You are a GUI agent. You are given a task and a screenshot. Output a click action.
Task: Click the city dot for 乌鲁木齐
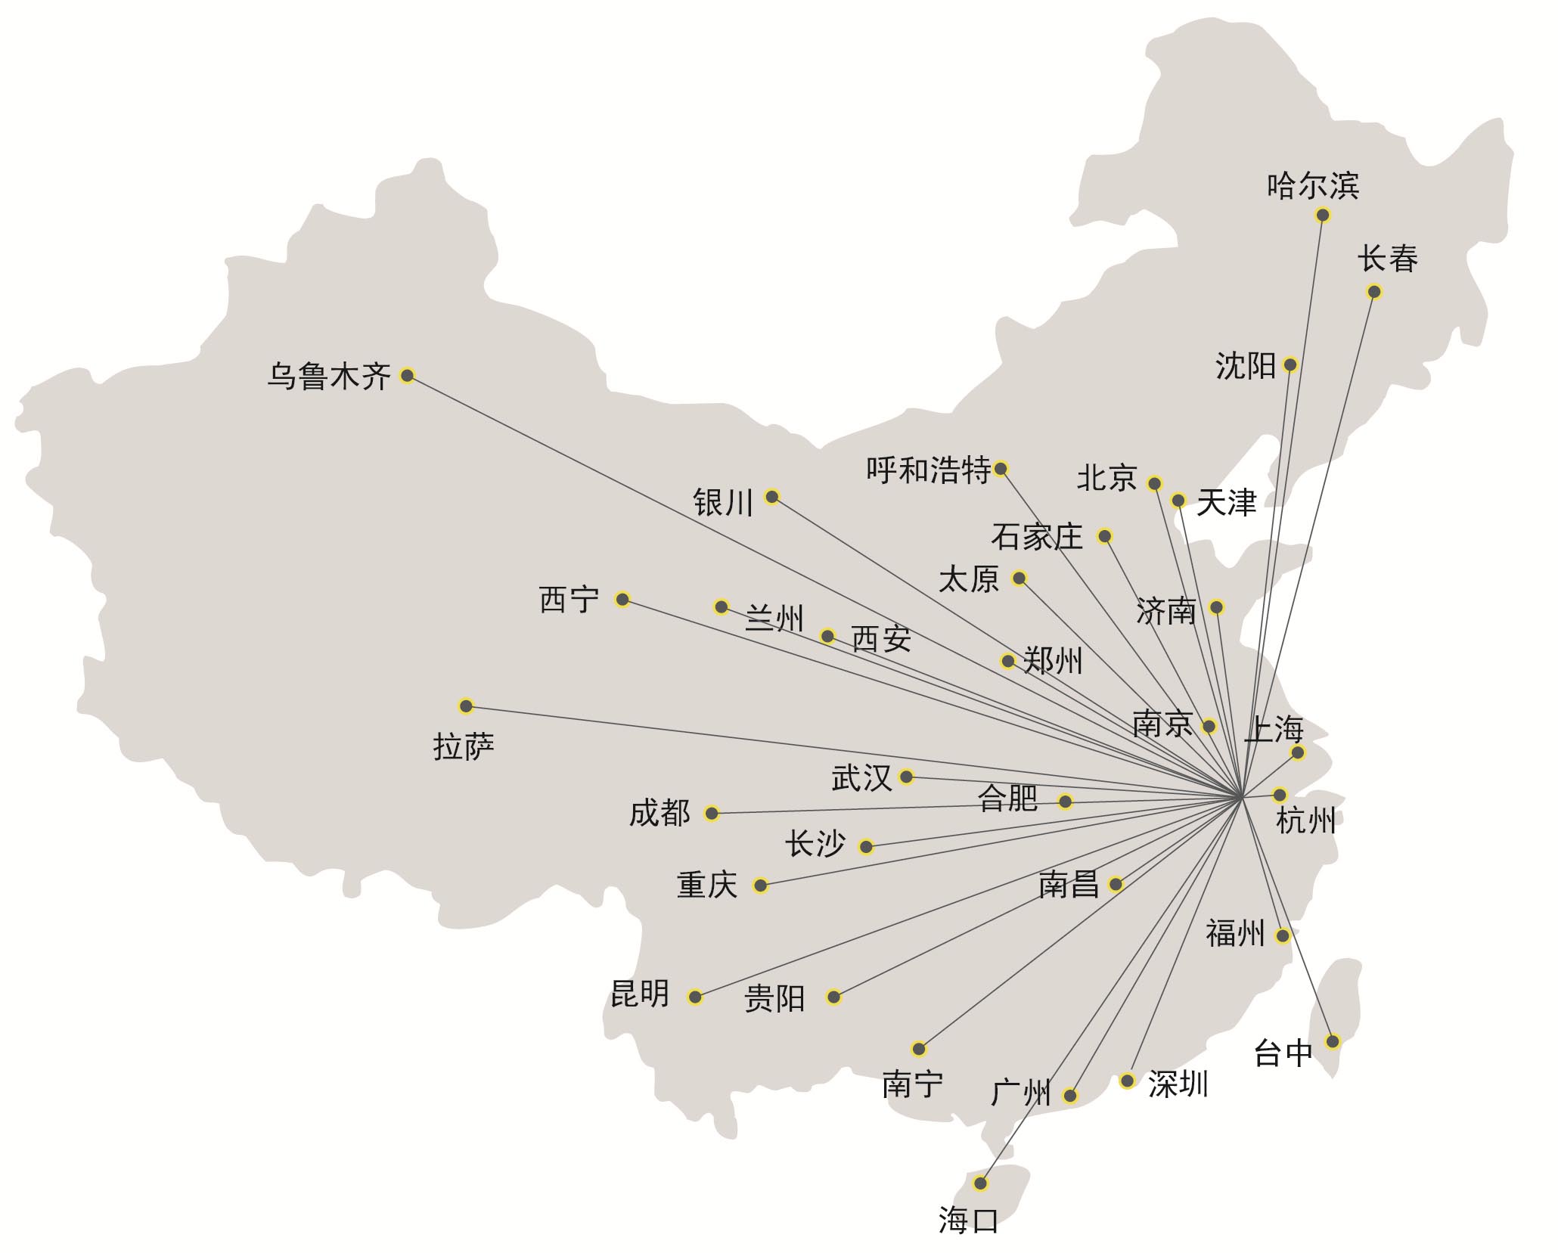pyautogui.click(x=407, y=375)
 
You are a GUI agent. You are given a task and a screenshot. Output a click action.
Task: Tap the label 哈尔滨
pyautogui.click(x=1313, y=185)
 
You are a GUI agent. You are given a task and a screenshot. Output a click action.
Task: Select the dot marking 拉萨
pyautogui.click(x=466, y=706)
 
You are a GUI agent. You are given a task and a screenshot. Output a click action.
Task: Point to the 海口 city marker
pyautogui.click(x=981, y=1183)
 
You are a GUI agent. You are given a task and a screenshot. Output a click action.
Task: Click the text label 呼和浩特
pyautogui.click(x=928, y=470)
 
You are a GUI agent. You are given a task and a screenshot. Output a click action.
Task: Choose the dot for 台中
pyautogui.click(x=1333, y=1041)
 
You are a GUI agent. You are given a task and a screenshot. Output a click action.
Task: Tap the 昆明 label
pyautogui.click(x=640, y=994)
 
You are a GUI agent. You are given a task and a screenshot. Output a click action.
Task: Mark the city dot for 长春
pyautogui.click(x=1374, y=292)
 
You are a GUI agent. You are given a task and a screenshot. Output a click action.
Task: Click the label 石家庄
pyautogui.click(x=1037, y=537)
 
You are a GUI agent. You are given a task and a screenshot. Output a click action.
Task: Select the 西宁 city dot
pyautogui.click(x=622, y=600)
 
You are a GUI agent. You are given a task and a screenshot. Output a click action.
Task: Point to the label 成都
pyautogui.click(x=660, y=814)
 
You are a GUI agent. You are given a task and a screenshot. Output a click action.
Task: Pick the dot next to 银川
pyautogui.click(x=771, y=497)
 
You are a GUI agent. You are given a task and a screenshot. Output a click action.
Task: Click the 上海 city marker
pyautogui.click(x=1298, y=752)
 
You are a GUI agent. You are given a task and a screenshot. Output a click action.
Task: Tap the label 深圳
pyautogui.click(x=1178, y=1084)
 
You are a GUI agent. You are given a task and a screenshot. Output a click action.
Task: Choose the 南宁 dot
pyautogui.click(x=918, y=1049)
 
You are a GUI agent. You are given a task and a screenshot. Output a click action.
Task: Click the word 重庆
pyautogui.click(x=707, y=885)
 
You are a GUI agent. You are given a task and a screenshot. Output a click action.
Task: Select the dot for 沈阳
pyautogui.click(x=1290, y=364)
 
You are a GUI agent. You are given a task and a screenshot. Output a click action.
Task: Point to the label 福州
pyautogui.click(x=1235, y=933)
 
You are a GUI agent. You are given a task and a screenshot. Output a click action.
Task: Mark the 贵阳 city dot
pyautogui.click(x=833, y=997)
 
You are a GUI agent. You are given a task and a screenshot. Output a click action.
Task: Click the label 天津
pyautogui.click(x=1226, y=503)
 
